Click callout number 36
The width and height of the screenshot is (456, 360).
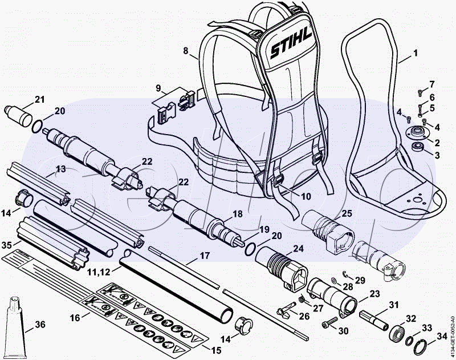pyautogui.click(x=39, y=325)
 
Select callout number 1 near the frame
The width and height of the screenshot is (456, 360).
pyautogui.click(x=416, y=53)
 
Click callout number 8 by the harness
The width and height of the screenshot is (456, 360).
pyautogui.click(x=185, y=51)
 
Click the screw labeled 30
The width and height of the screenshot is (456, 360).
pyautogui.click(x=328, y=325)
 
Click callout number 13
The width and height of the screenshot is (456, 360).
pyautogui.click(x=61, y=169)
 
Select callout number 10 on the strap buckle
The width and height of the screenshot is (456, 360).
pyautogui.click(x=306, y=196)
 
